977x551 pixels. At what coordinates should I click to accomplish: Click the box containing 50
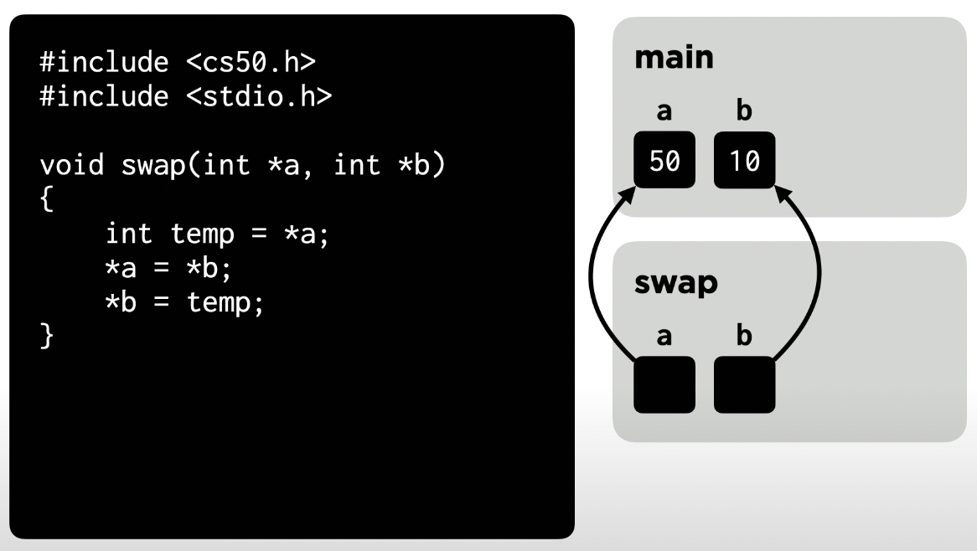[x=664, y=161]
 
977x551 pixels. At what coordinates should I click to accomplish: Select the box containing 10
[x=744, y=161]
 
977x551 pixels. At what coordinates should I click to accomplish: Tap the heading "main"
[x=674, y=59]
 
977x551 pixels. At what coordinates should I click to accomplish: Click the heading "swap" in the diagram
[x=676, y=284]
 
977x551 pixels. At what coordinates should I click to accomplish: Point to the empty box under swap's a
[x=664, y=384]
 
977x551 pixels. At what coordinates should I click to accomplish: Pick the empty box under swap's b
[x=744, y=384]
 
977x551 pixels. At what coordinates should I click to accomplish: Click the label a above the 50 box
[x=664, y=112]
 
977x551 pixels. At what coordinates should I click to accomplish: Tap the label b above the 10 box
[x=743, y=112]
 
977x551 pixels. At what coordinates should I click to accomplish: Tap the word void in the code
[x=71, y=166]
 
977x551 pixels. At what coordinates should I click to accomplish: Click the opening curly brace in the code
[x=45, y=200]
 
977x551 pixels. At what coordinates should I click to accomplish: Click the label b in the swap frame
[x=743, y=337]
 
